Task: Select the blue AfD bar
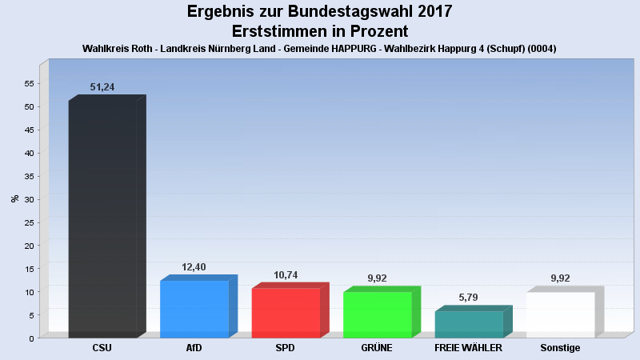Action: pyautogui.click(x=194, y=309)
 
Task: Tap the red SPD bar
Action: pyautogui.click(x=286, y=313)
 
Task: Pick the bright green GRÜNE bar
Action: pyautogui.click(x=378, y=314)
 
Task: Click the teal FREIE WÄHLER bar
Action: pyautogui.click(x=469, y=324)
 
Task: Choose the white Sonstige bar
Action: pyautogui.click(x=560, y=314)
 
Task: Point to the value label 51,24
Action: pyautogui.click(x=102, y=87)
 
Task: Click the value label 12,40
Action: pyautogui.click(x=194, y=267)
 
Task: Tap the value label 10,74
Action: pyautogui.click(x=286, y=274)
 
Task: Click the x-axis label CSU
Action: pyautogui.click(x=102, y=348)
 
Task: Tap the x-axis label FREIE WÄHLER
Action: pyautogui.click(x=468, y=348)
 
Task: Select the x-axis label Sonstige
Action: pyautogui.click(x=560, y=348)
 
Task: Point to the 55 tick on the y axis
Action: pyautogui.click(x=28, y=83)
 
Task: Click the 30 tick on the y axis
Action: pyautogui.click(x=28, y=199)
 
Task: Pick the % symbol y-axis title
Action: pyautogui.click(x=14, y=198)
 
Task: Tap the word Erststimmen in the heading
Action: pyautogui.click(x=277, y=31)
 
